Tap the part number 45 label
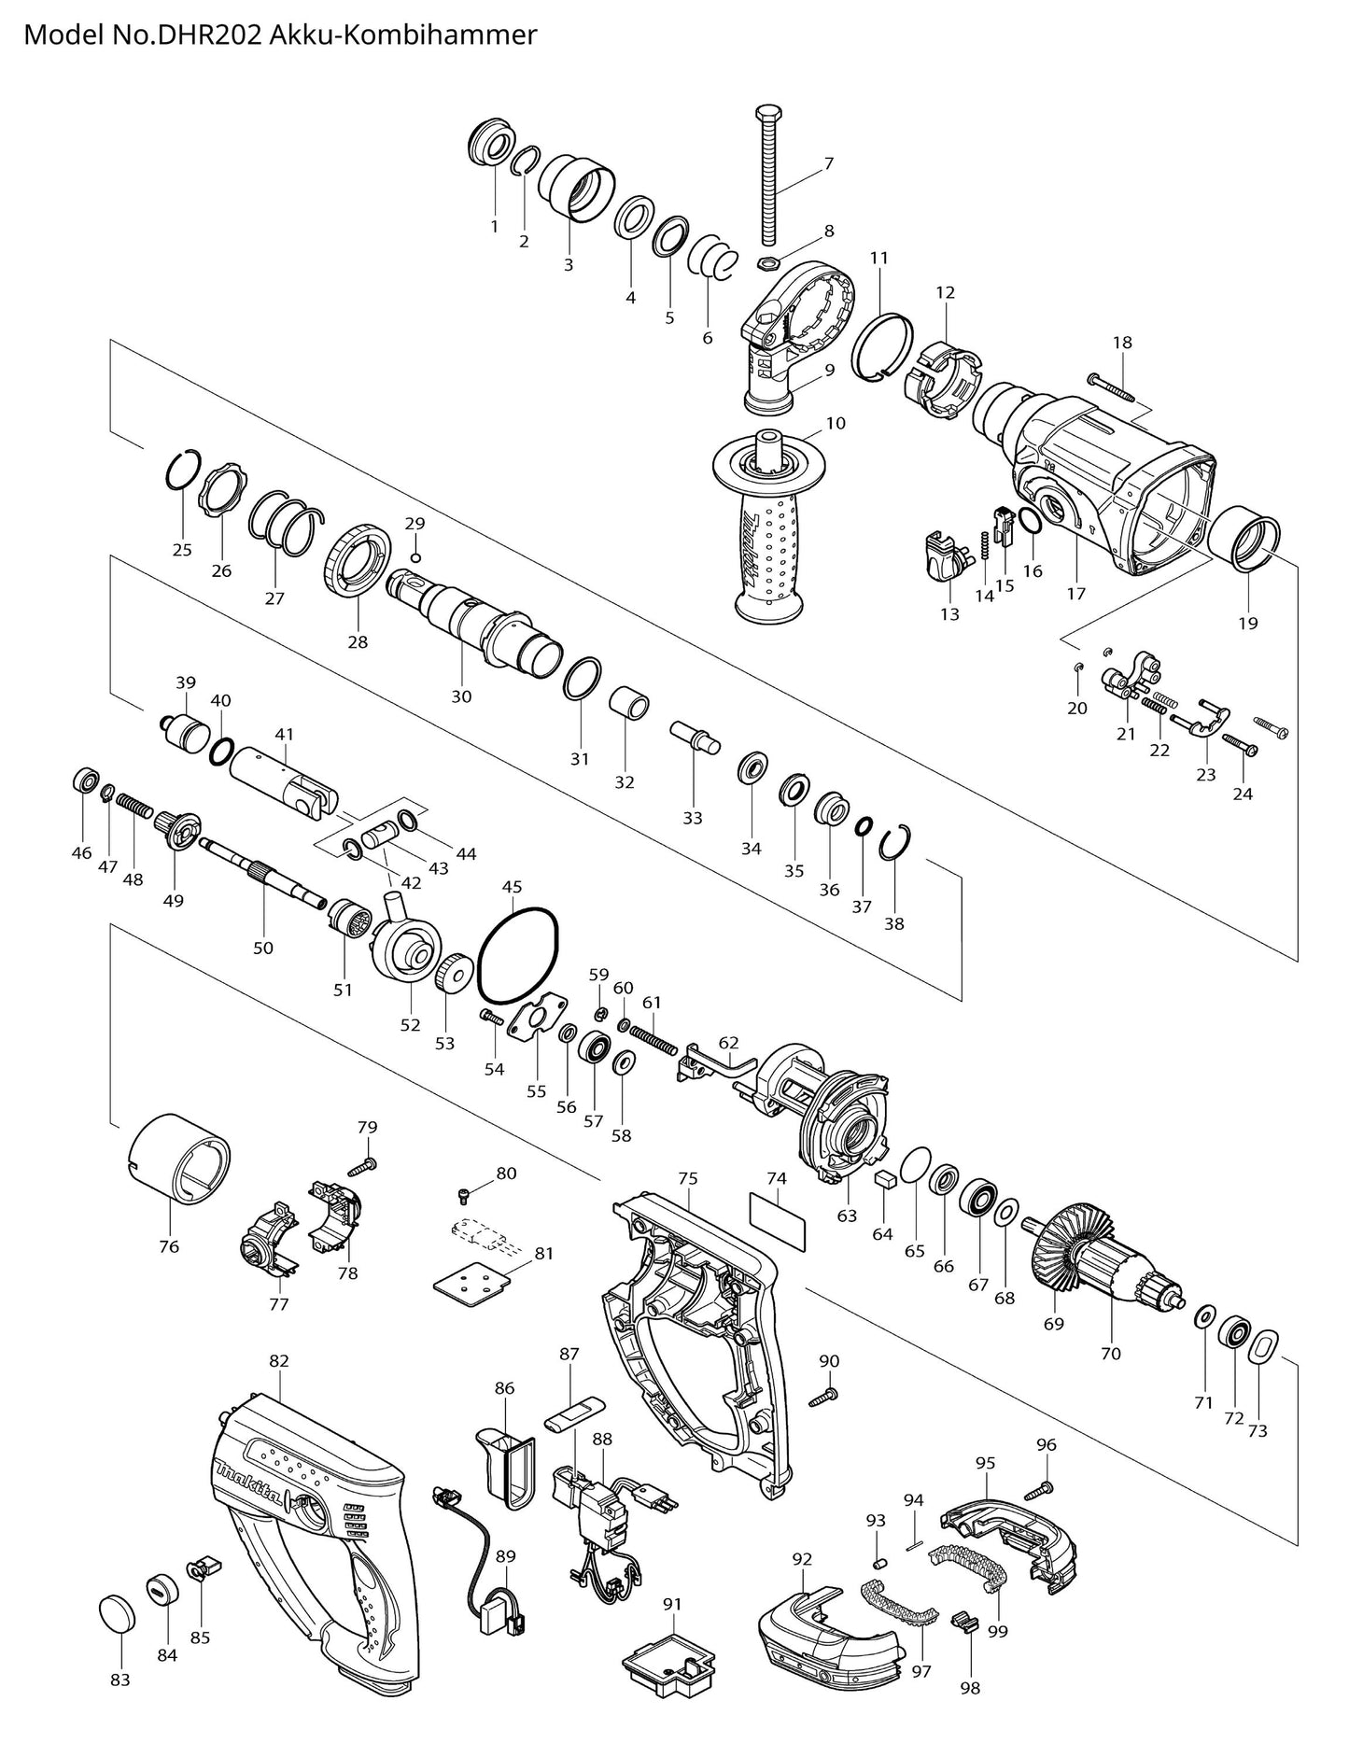(x=512, y=887)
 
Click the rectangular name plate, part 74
(x=777, y=1220)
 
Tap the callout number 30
(x=461, y=696)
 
